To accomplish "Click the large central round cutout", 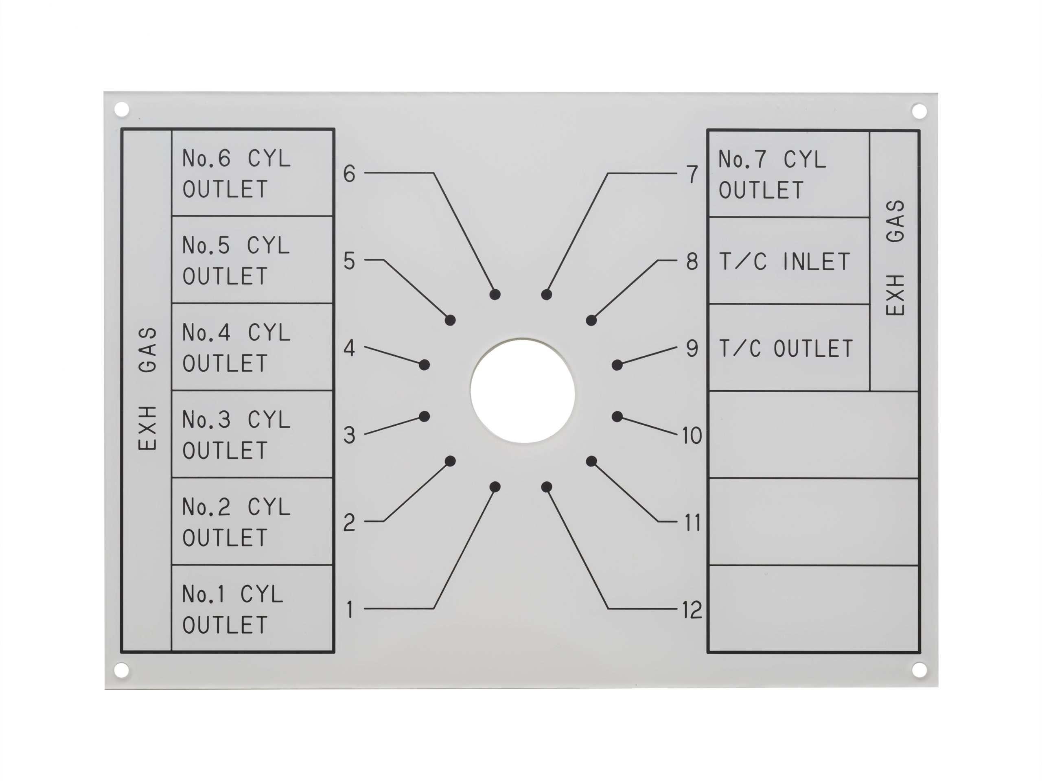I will pos(522,391).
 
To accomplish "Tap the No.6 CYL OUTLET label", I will pos(236,174).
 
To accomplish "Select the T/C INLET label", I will pos(784,262).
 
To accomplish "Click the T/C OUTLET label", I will pos(786,349).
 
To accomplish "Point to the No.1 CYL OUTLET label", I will pos(233,610).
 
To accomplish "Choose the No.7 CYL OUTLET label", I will pos(772,175).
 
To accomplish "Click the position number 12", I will pos(692,610).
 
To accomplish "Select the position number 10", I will pos(692,436).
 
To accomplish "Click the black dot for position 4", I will pos(425,365).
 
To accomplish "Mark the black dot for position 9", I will pos(617,365).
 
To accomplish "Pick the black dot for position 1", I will pos(495,487).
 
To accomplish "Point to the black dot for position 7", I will pos(546,294).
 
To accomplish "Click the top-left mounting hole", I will pos(122,110).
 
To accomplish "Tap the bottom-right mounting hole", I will pos(919,669).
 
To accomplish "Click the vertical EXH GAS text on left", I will pos(147,389).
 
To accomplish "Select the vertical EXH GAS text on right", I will pos(895,258).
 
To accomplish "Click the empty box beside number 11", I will pos(814,522).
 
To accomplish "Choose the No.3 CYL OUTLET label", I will pos(236,435).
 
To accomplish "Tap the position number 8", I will pos(692,261).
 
